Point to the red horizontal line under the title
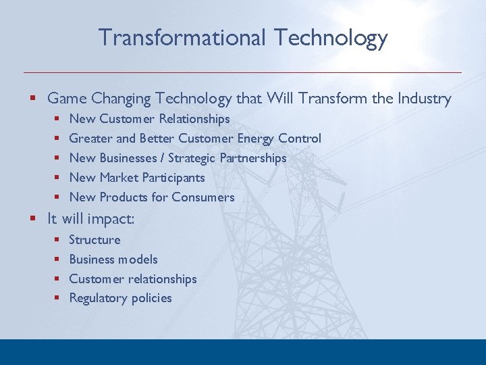tap(243, 72)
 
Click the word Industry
tap(423, 99)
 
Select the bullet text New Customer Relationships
tap(149, 119)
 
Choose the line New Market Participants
tap(137, 178)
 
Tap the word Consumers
tap(202, 197)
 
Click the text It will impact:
tap(90, 219)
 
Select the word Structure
tap(94, 240)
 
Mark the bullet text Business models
tap(113, 260)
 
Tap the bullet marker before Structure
tap(57, 241)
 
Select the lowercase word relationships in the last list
tap(163, 279)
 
